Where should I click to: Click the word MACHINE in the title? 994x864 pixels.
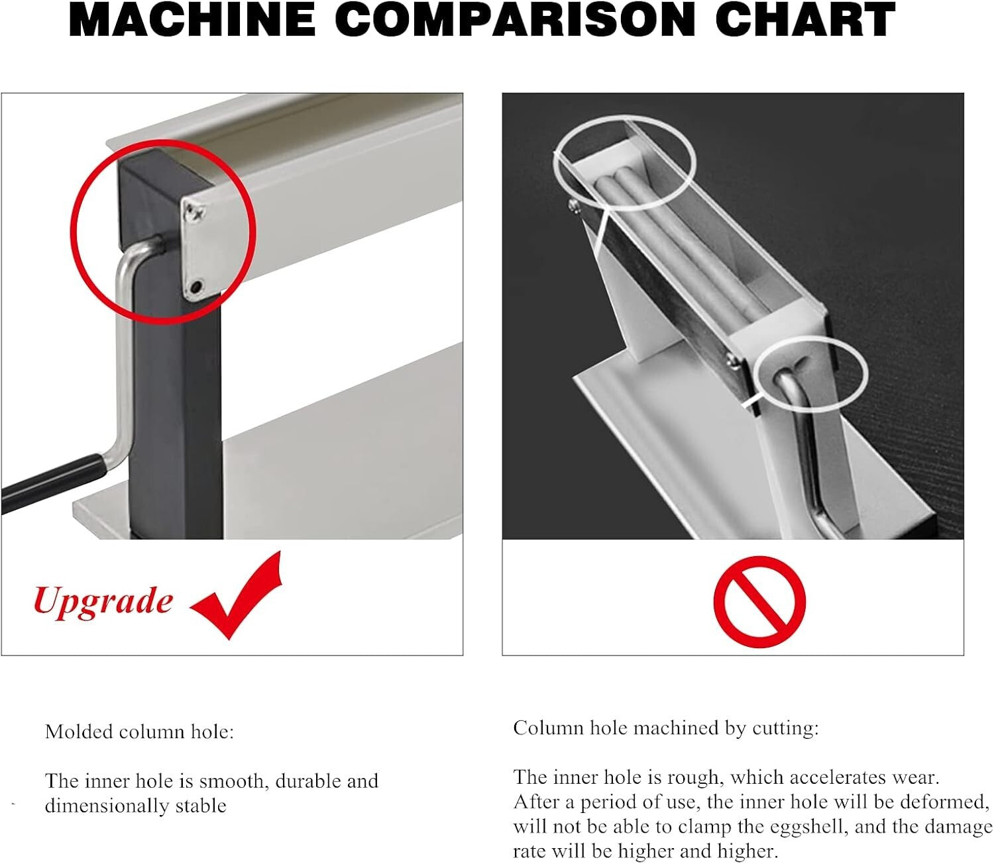pyautogui.click(x=192, y=20)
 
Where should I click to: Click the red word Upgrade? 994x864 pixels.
pyautogui.click(x=103, y=601)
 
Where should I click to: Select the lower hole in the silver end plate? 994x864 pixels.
pyautogui.click(x=195, y=287)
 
